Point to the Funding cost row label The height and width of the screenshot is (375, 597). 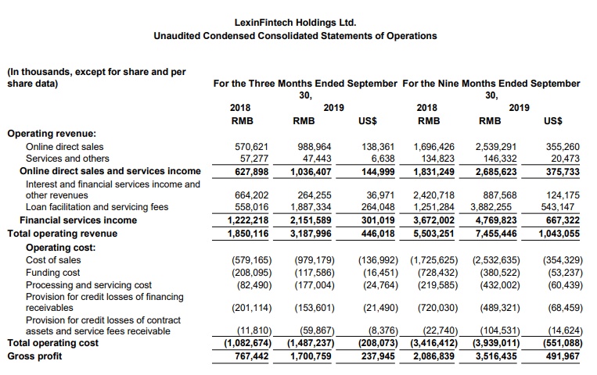[x=53, y=273]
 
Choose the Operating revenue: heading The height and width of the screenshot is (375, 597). [x=52, y=134]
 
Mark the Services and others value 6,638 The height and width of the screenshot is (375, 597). [x=380, y=158]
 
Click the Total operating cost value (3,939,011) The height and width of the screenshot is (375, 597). [x=493, y=343]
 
